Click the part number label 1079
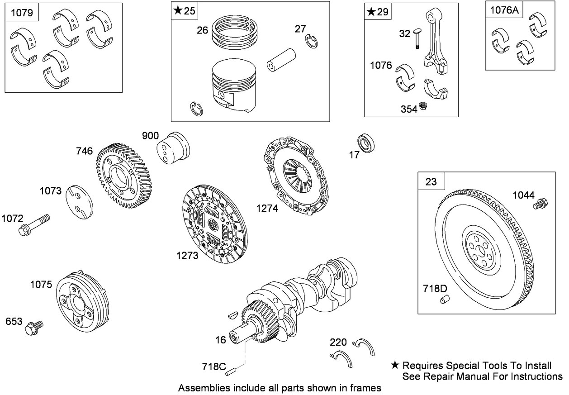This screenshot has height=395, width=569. point(22,12)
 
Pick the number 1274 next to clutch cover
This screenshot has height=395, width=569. point(266,208)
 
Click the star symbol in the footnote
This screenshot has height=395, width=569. point(395,365)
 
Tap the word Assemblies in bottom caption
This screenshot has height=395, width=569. point(200,388)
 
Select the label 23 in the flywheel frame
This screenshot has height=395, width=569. point(431,182)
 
